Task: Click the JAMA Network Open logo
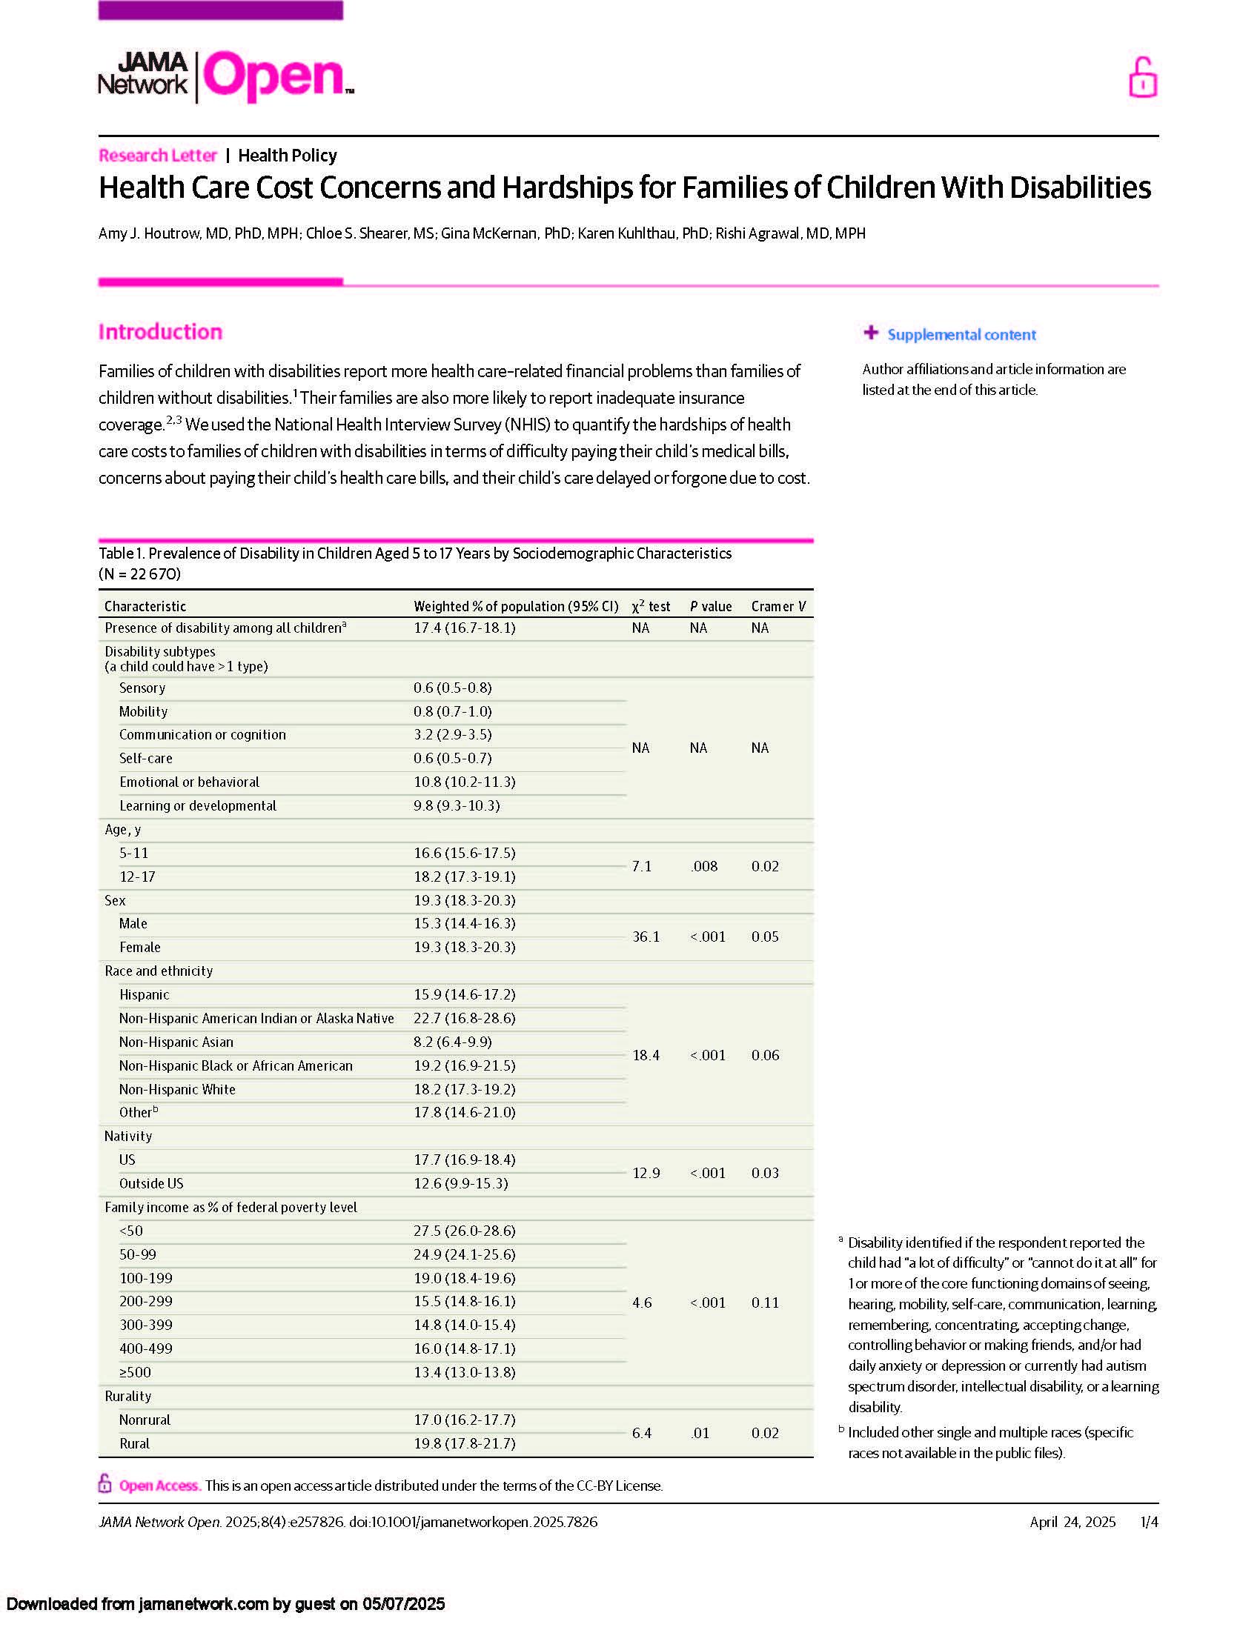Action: coord(225,76)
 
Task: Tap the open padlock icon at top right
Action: coord(1142,78)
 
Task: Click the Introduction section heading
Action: coord(161,331)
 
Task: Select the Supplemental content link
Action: coord(961,334)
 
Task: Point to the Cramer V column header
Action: coord(777,606)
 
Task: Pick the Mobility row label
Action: coord(143,711)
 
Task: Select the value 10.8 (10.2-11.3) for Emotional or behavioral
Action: coord(464,782)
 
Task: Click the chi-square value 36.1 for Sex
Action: coord(646,937)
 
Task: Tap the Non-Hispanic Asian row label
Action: coord(176,1042)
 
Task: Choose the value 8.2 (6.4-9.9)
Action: coord(453,1042)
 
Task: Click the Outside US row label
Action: coord(150,1183)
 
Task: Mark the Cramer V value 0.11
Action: coord(765,1303)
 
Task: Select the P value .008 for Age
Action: coord(704,865)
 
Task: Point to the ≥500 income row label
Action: coord(135,1371)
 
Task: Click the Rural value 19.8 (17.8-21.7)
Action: coord(464,1443)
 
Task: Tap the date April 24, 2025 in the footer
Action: coord(1072,1522)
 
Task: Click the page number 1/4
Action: coord(1149,1522)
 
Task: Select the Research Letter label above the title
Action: coord(157,156)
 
